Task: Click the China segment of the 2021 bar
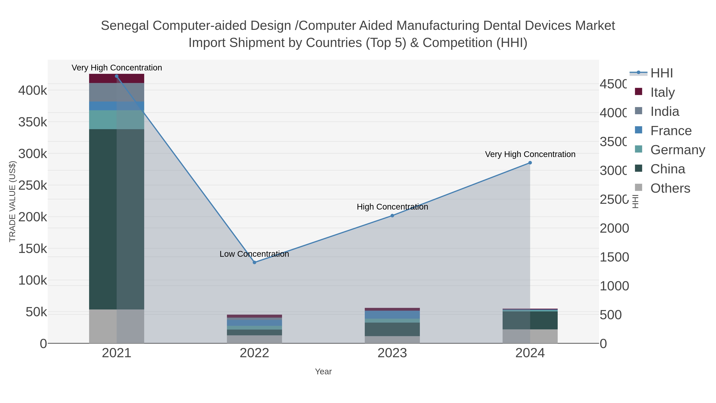(117, 219)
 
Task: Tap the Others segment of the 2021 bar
(117, 326)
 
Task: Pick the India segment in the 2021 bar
(117, 92)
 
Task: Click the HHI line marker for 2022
(254, 262)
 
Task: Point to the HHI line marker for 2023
(392, 216)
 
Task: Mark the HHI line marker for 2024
(530, 163)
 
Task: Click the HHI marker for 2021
(117, 76)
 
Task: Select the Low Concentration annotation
(254, 254)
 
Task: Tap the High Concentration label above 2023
(392, 207)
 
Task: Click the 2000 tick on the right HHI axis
(614, 228)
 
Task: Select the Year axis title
(323, 372)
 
